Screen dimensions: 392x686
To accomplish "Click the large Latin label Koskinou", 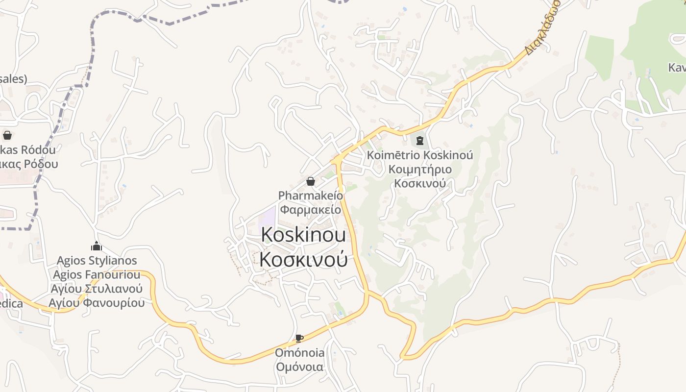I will [303, 235].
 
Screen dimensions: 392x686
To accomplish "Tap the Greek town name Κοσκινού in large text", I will [303, 259].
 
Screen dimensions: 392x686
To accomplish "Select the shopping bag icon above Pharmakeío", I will [310, 181].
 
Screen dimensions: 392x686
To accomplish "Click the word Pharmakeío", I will [311, 196].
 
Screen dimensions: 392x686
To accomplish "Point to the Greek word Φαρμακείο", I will [310, 209].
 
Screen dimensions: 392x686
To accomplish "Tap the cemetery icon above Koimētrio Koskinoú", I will [419, 141].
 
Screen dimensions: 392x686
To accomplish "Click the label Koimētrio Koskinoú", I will [420, 155].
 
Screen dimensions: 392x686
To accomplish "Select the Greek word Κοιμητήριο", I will [420, 170].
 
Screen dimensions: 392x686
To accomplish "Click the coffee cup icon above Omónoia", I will [299, 338].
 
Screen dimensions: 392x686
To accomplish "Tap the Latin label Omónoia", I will [299, 353].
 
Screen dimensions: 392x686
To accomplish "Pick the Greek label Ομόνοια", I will [299, 367].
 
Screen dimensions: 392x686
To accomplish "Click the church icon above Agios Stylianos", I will [97, 245].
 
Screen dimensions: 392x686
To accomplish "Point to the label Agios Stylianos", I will [97, 260].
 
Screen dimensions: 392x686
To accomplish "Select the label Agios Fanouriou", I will [97, 274].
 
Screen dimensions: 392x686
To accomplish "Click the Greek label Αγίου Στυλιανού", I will [97, 288].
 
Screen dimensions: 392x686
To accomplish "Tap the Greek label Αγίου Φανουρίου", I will [97, 302].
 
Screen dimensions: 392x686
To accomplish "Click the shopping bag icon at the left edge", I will [7, 135].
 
